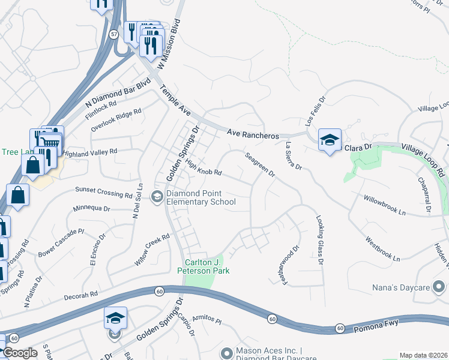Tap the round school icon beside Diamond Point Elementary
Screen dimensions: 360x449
coord(157,196)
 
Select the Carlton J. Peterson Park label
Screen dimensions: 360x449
coord(207,266)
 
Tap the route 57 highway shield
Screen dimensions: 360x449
coord(114,34)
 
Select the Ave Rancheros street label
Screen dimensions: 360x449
coord(253,134)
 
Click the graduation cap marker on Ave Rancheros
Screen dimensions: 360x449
coord(330,140)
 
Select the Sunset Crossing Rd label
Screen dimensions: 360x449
coord(103,191)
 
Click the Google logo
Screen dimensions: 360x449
coord(20,353)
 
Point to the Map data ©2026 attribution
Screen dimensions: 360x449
coord(423,355)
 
